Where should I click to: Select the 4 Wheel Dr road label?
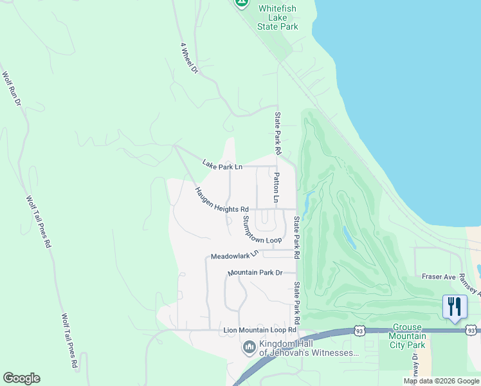point(188,59)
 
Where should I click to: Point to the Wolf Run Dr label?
point(11,89)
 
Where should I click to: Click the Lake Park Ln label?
point(222,166)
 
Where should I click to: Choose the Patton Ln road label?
point(276,188)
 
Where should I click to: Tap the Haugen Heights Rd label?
point(222,201)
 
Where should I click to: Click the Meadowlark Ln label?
point(234,255)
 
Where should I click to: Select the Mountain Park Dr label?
point(255,273)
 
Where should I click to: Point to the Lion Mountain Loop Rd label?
point(260,330)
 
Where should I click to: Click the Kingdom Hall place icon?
point(249,348)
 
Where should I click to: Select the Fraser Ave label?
point(439,277)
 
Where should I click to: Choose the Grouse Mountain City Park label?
point(408,336)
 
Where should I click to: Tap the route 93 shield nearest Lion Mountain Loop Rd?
point(359,331)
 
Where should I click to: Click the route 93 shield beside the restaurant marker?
point(471,330)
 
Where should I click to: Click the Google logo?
point(21,378)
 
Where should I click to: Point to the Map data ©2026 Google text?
point(441,381)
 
